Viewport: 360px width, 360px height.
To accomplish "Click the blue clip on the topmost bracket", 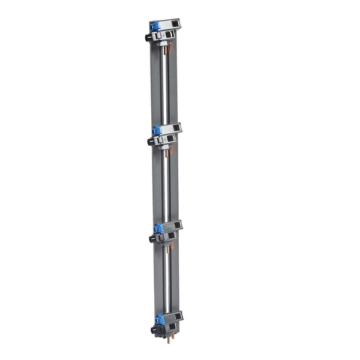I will point(154,27).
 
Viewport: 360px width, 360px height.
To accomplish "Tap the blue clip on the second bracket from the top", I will point(157,130).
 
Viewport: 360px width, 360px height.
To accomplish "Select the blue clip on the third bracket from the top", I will point(158,228).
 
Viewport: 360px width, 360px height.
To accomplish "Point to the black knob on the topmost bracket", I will point(148,37).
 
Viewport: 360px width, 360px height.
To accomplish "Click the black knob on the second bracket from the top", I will point(151,141).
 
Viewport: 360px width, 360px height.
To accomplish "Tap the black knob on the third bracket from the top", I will point(152,238).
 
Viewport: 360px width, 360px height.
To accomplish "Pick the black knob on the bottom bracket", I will point(154,329).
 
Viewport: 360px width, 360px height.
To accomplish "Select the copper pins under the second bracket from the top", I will point(170,149).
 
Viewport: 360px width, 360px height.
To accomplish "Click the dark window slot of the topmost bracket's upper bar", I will point(174,25).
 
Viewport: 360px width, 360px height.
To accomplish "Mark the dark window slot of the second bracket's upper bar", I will point(175,128).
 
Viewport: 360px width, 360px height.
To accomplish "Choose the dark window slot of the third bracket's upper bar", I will point(176,226).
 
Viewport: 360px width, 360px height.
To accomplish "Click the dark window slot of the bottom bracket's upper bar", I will point(178,316).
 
